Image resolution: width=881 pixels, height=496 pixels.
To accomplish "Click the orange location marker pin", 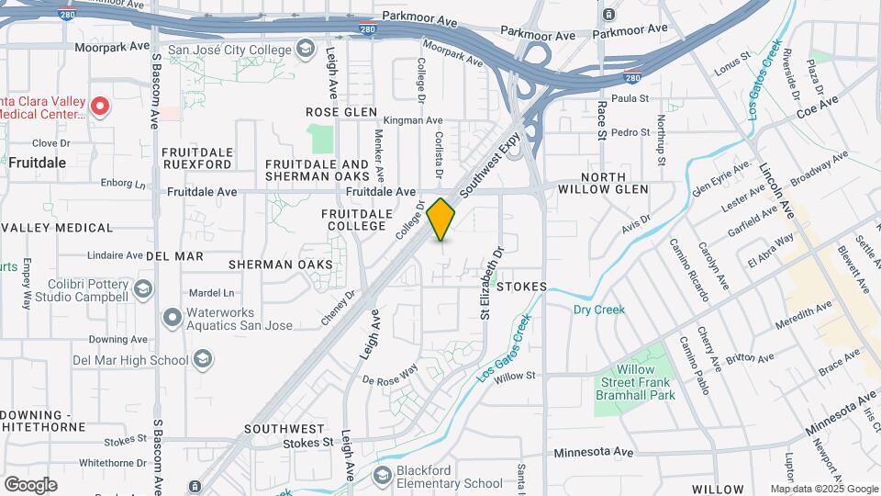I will tap(441, 220).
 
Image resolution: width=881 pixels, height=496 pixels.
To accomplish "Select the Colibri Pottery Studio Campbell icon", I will tap(143, 290).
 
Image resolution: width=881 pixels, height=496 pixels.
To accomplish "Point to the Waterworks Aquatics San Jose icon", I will tap(172, 318).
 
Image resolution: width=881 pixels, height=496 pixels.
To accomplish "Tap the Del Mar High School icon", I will tap(203, 359).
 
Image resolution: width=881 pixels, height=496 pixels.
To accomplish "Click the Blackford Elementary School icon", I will tap(384, 477).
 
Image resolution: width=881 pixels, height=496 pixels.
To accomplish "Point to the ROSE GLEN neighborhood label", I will tap(341, 112).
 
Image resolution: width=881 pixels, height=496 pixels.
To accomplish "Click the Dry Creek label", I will tap(598, 310).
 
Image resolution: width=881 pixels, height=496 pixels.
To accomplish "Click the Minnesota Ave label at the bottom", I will tap(595, 452).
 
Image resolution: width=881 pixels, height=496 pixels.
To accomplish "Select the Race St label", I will tap(602, 121).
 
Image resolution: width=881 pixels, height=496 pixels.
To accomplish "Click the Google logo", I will tap(30, 484).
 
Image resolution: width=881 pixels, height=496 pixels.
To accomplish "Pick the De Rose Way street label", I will tap(390, 374).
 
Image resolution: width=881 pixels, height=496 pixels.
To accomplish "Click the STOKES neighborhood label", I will tap(521, 287).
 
